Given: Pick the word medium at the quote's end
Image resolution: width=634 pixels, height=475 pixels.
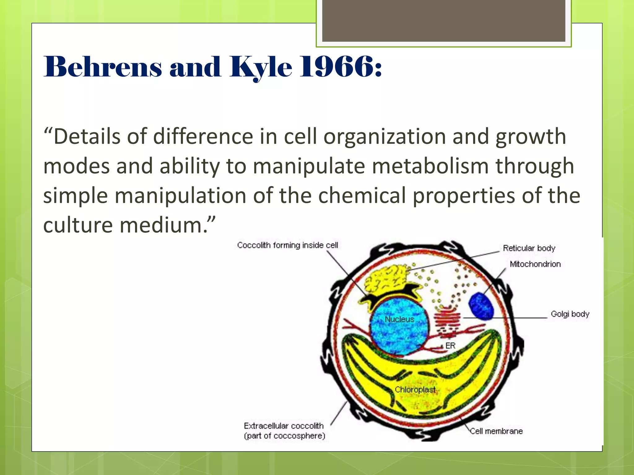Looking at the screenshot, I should click(161, 225).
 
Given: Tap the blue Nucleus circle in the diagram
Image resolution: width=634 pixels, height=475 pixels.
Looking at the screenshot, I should click(399, 328).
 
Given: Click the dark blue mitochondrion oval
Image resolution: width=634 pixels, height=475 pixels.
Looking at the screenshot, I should click(481, 306).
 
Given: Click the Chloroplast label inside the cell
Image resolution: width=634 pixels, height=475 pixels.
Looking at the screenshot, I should click(415, 390).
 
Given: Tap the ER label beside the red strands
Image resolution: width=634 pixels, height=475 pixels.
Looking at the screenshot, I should click(450, 346).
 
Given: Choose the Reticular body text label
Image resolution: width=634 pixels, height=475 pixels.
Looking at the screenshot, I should click(529, 248).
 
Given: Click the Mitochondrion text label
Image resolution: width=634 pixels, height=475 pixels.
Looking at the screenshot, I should click(535, 264).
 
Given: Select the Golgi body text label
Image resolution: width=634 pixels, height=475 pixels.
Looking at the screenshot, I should click(570, 314).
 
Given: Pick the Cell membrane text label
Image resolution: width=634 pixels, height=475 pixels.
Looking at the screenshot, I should click(496, 431).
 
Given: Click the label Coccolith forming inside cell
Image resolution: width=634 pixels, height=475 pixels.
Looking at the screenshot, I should click(287, 245).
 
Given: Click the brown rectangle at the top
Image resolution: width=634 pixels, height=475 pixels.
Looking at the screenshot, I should click(444, 20).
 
